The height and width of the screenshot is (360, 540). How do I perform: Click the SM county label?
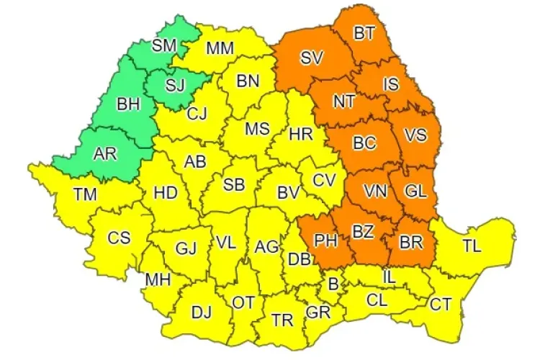click(x=164, y=45)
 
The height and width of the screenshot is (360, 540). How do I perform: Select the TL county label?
click(x=472, y=246)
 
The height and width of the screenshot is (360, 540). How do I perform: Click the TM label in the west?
click(x=86, y=193)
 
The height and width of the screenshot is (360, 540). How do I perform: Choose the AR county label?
click(x=105, y=153)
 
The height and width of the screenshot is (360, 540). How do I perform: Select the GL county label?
click(x=415, y=192)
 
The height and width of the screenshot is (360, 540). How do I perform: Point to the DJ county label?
click(x=202, y=312)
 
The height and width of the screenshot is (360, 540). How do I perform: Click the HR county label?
click(x=300, y=134)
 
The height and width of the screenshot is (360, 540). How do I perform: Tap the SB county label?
click(x=233, y=184)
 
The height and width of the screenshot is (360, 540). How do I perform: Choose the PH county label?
click(x=326, y=240)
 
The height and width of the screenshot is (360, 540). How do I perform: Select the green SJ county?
click(x=175, y=86)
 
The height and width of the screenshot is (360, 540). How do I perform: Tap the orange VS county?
click(x=415, y=135)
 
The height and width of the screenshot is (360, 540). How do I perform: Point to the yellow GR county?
click(x=317, y=312)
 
